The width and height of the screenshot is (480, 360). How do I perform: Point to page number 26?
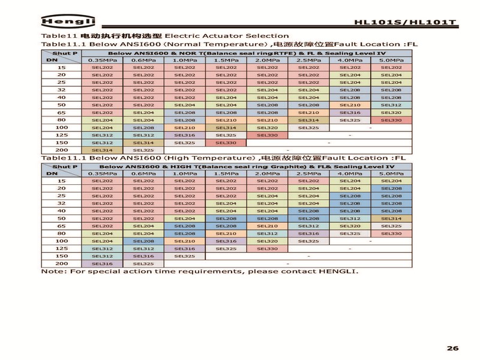[453, 349]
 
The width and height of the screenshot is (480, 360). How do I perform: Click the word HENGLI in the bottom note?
[338, 271]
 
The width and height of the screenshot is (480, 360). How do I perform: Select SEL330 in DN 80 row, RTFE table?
[391, 120]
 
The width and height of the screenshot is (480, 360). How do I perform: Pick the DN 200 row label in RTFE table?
[61, 150]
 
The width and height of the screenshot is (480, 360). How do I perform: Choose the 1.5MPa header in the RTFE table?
[226, 60]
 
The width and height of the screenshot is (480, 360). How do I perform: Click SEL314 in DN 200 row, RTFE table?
[102, 150]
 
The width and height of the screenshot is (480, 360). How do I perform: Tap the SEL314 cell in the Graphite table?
[391, 218]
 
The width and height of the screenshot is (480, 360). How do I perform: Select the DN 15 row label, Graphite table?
[61, 181]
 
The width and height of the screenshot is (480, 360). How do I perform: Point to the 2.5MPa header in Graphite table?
[308, 173]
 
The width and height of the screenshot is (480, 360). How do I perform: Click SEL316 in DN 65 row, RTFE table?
[350, 112]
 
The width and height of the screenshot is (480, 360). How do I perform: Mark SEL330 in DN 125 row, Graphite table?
[267, 248]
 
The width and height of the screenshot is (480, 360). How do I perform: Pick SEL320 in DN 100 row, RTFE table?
[267, 127]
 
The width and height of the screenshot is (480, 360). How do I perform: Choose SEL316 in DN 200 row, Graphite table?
[102, 263]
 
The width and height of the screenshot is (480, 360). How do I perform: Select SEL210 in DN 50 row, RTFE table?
[350, 105]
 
